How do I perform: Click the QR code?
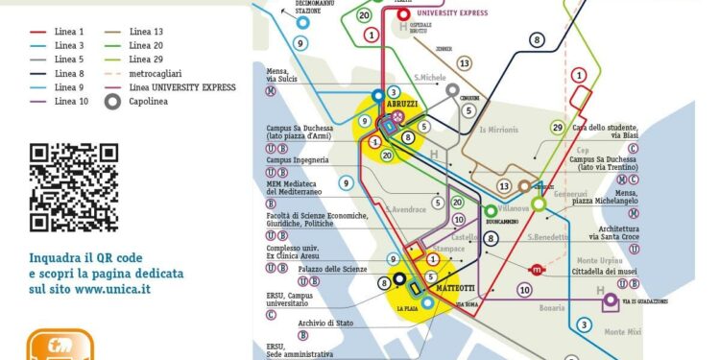73,187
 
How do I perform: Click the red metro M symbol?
537,271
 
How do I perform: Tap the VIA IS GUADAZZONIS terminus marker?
610,300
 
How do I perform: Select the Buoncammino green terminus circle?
492,210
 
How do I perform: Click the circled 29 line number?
557,128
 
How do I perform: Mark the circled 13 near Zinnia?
465,63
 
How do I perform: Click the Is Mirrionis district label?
497,129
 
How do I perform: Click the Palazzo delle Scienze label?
332,271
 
